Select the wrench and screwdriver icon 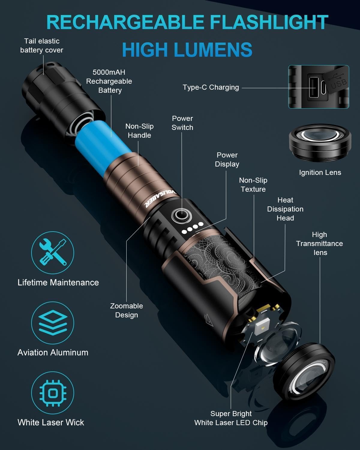(x=53, y=252)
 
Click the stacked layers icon (x=53, y=322)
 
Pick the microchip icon (x=53, y=393)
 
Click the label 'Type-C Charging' (x=211, y=87)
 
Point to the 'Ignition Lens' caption (x=320, y=172)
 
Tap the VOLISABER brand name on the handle (x=161, y=199)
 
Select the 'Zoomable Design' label (x=127, y=310)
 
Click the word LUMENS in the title (x=213, y=49)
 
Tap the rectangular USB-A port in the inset (x=314, y=87)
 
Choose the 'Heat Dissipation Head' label (x=285, y=209)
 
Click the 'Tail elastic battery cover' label (x=42, y=46)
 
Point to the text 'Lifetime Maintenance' (x=58, y=283)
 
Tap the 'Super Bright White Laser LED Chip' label (x=231, y=418)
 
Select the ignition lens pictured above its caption (x=320, y=143)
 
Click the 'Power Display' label (x=227, y=160)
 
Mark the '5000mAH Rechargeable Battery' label (x=109, y=81)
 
